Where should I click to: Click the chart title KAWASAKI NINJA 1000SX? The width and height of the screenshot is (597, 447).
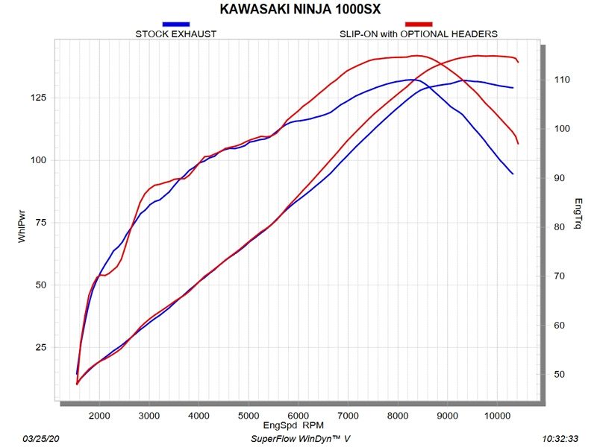pos(298,10)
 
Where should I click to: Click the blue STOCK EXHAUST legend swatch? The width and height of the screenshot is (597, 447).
pos(175,25)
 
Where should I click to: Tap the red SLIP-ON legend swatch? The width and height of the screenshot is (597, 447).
pos(419,25)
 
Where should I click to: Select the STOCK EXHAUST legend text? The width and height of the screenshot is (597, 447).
pos(175,34)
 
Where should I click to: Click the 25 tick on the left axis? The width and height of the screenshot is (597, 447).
pos(41,347)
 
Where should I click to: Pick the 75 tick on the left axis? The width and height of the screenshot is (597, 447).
pos(41,223)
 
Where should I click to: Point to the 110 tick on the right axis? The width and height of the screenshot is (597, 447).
pos(561,80)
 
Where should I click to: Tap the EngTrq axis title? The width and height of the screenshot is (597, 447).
pos(578,214)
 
